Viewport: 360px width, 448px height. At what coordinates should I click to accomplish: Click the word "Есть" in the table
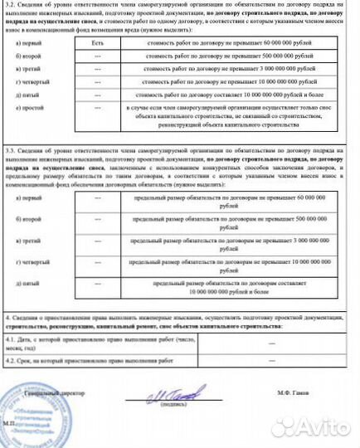click(98, 41)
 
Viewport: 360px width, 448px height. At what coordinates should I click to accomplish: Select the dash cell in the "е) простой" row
click(98, 124)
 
